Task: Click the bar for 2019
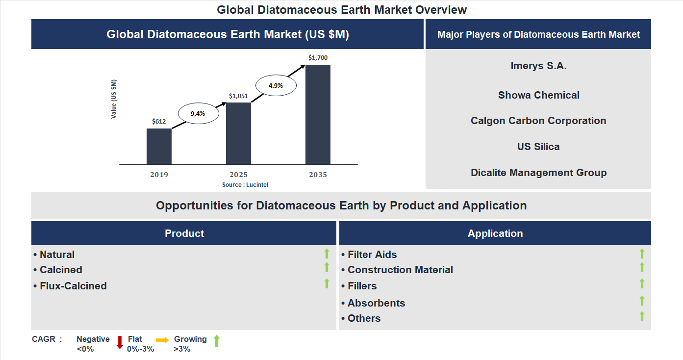coord(159,146)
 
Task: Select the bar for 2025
coord(238,133)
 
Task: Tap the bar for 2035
coord(318,114)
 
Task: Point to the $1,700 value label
coord(318,58)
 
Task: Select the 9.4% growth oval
coord(198,113)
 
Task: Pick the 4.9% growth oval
coord(276,85)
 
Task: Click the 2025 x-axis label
coord(238,175)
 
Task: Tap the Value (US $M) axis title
coord(114,99)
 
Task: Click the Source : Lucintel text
coord(245,185)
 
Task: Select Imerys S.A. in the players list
coord(538,66)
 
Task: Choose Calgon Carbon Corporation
coord(538,121)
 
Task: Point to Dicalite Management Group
coord(538,173)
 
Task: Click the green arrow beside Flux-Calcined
coord(327,283)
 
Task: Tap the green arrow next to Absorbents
coord(642,301)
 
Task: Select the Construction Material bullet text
coord(400,270)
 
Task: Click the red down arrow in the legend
coord(120,342)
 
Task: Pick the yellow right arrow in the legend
coord(162,340)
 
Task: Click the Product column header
coord(184,233)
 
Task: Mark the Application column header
coord(495,233)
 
